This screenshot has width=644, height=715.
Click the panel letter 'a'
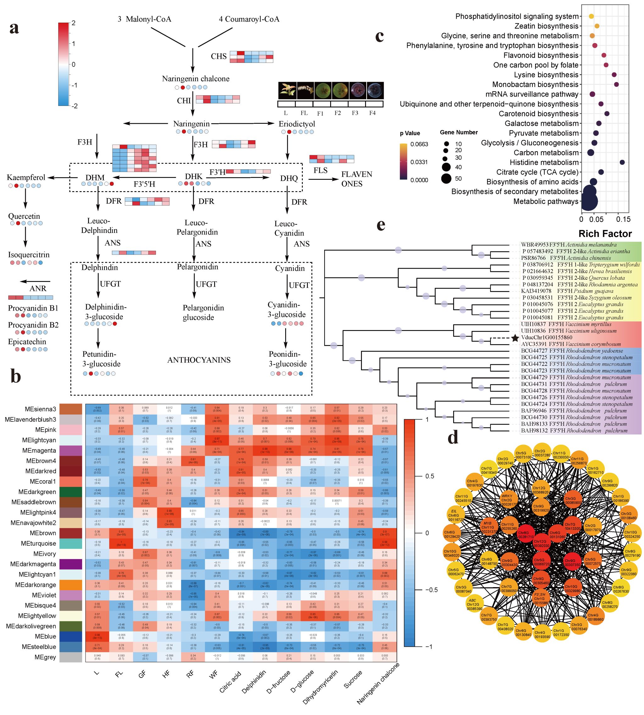[14, 28]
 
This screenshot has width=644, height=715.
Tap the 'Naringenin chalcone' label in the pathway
[196, 79]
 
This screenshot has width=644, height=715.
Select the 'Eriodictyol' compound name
[297, 124]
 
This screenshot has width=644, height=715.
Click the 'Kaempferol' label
[26, 177]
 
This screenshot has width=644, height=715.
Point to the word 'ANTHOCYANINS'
[199, 360]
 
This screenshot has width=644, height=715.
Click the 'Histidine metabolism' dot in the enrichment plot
[622, 162]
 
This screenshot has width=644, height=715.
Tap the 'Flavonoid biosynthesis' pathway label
[541, 55]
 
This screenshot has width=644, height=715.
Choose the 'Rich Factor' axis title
[605, 234]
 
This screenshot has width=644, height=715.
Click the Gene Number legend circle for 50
[446, 179]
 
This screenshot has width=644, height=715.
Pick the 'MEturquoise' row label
[38, 543]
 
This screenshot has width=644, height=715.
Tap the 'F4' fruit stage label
[372, 113]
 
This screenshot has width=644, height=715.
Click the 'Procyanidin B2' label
[33, 325]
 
